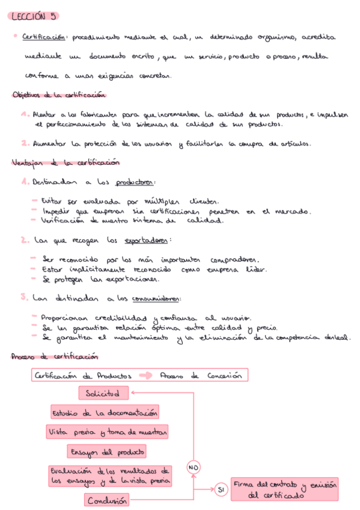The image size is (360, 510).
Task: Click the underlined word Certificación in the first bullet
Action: pos(43,37)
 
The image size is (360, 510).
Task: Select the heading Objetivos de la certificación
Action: pos(59,95)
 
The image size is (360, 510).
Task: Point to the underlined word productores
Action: pos(135,183)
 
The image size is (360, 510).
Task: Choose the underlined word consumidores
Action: pos(157,299)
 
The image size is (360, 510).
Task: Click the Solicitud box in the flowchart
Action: pos(103,393)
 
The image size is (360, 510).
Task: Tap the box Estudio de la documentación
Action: pos(105,413)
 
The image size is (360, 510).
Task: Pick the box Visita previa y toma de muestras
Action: pos(107,432)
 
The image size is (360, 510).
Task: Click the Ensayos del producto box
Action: pos(107,452)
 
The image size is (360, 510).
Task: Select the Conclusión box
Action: pos(106,500)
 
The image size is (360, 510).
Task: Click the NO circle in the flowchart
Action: pos(194,467)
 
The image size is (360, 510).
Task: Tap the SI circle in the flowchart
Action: pos(221,491)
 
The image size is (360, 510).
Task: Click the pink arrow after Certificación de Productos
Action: pos(146,376)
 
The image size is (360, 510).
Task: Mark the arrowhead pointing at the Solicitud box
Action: pos(133,393)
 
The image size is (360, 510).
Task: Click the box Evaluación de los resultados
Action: pos(111,475)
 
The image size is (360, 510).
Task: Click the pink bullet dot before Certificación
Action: pos(14,36)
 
